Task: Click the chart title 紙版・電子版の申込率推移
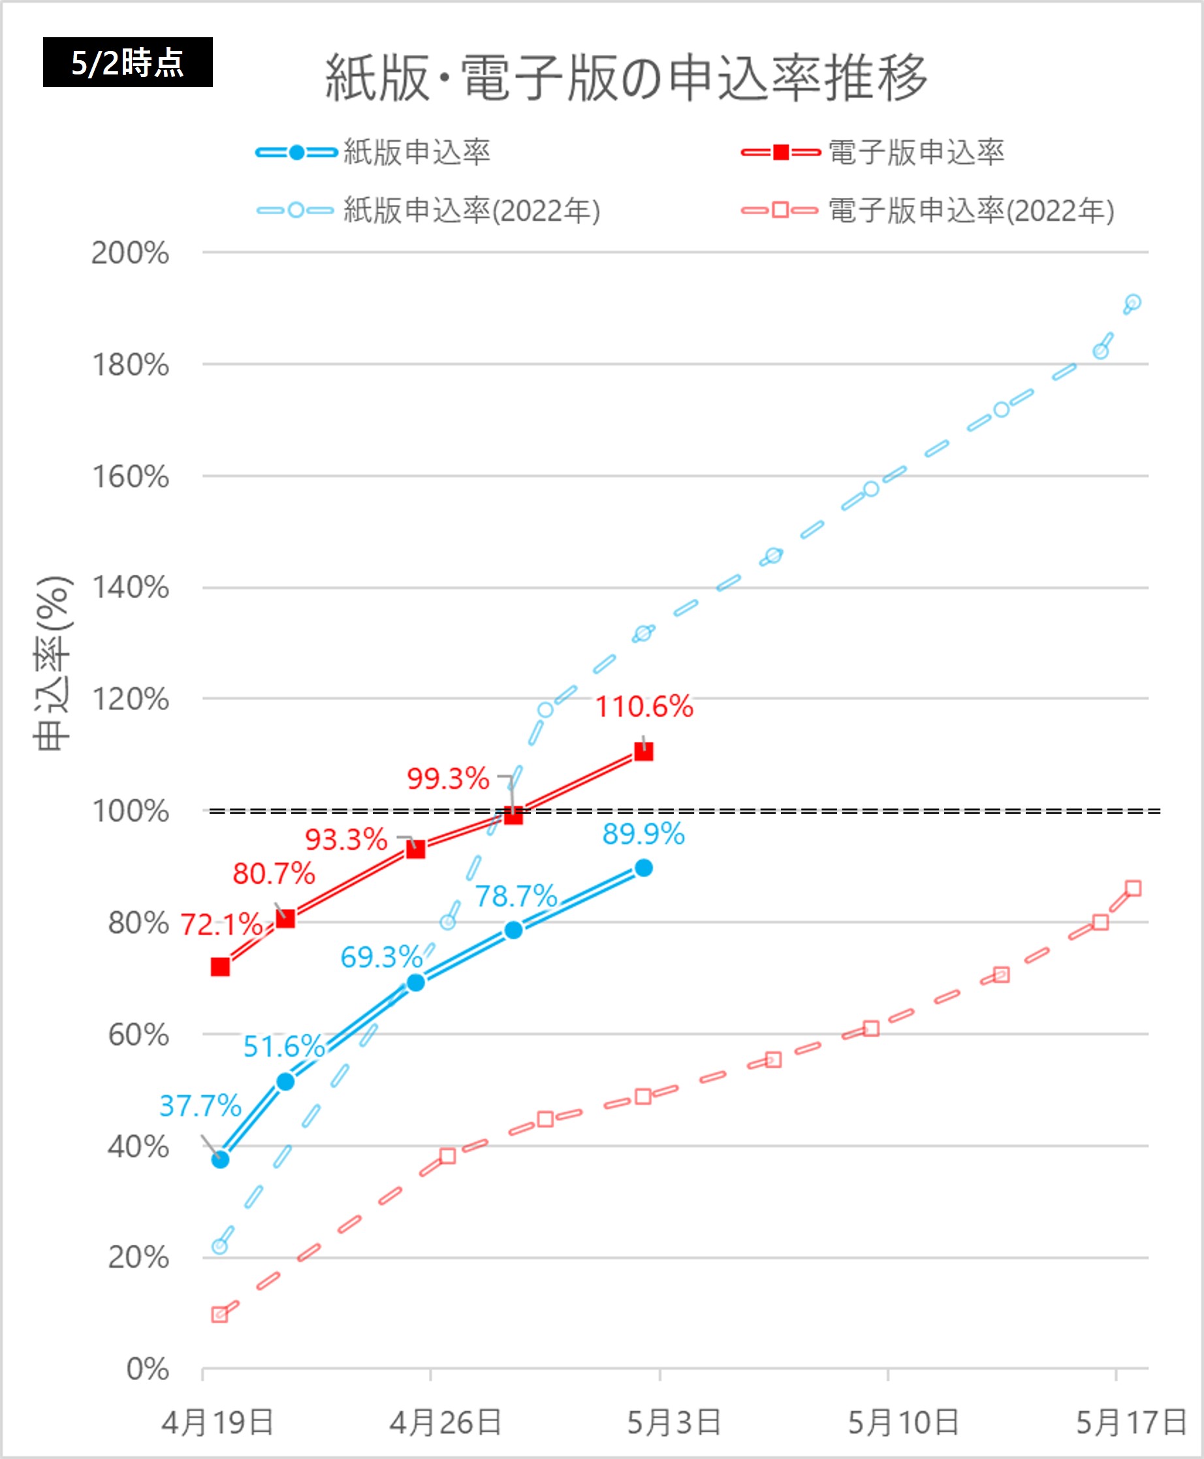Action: [626, 78]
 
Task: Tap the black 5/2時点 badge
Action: [127, 63]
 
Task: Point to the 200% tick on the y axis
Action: [131, 253]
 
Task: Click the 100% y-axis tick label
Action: [131, 811]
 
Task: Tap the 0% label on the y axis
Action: [147, 1369]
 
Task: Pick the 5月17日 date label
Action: [1131, 1423]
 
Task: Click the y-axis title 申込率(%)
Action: [53, 662]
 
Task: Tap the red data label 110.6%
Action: [644, 707]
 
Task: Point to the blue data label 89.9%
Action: [644, 834]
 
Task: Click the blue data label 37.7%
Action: [200, 1106]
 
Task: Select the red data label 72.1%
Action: [221, 925]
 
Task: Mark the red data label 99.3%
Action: [448, 778]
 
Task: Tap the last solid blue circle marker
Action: [644, 868]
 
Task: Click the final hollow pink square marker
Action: [1133, 889]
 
